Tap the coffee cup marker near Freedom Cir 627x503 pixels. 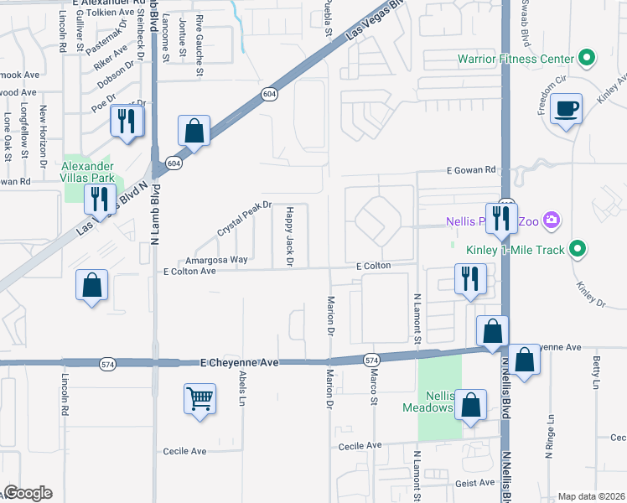(567, 110)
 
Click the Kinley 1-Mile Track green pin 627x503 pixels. (578, 248)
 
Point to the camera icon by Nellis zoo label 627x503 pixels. (552, 221)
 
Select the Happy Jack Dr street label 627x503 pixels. (290, 236)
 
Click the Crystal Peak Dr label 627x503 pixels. (245, 218)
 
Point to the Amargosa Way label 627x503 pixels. (216, 260)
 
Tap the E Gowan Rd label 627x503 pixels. (471, 169)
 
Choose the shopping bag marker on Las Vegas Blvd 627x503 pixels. (194, 132)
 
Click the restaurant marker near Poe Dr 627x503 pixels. (127, 122)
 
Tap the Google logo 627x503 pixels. (28, 493)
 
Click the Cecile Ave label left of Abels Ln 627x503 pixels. (185, 451)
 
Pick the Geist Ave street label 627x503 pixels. (475, 484)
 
